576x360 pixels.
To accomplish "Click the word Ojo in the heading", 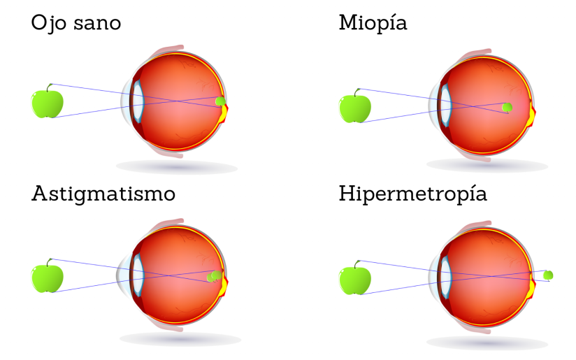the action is (x=49, y=24).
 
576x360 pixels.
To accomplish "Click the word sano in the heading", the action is (x=97, y=24).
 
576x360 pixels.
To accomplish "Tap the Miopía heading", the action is (x=373, y=24).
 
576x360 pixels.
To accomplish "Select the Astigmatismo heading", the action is (x=103, y=194).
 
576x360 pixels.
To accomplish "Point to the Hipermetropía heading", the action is (x=413, y=194).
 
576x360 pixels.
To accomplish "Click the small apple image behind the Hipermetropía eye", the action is (x=548, y=275).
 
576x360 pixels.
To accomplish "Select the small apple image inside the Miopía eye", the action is (x=507, y=107).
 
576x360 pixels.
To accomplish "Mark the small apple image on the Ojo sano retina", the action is (x=220, y=101).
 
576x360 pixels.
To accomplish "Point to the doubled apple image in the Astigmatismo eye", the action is (x=215, y=276).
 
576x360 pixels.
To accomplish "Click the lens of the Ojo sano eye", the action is (x=138, y=101).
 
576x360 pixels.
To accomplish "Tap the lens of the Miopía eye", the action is (x=445, y=106).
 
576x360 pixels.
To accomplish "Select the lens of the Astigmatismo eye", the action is (x=138, y=275).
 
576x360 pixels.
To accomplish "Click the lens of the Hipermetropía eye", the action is (x=445, y=278).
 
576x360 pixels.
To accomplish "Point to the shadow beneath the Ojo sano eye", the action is (x=177, y=167).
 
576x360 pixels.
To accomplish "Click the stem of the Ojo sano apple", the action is (x=49, y=88).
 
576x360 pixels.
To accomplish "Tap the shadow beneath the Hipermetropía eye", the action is (x=487, y=343).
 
